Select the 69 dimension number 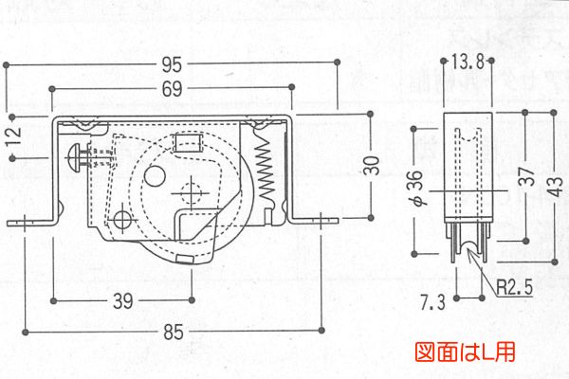tap(171, 90)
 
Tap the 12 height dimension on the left tap(12, 136)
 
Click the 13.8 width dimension tap(468, 63)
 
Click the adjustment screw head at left tap(76, 153)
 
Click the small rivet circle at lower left tap(121, 219)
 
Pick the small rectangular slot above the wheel tap(188, 143)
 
